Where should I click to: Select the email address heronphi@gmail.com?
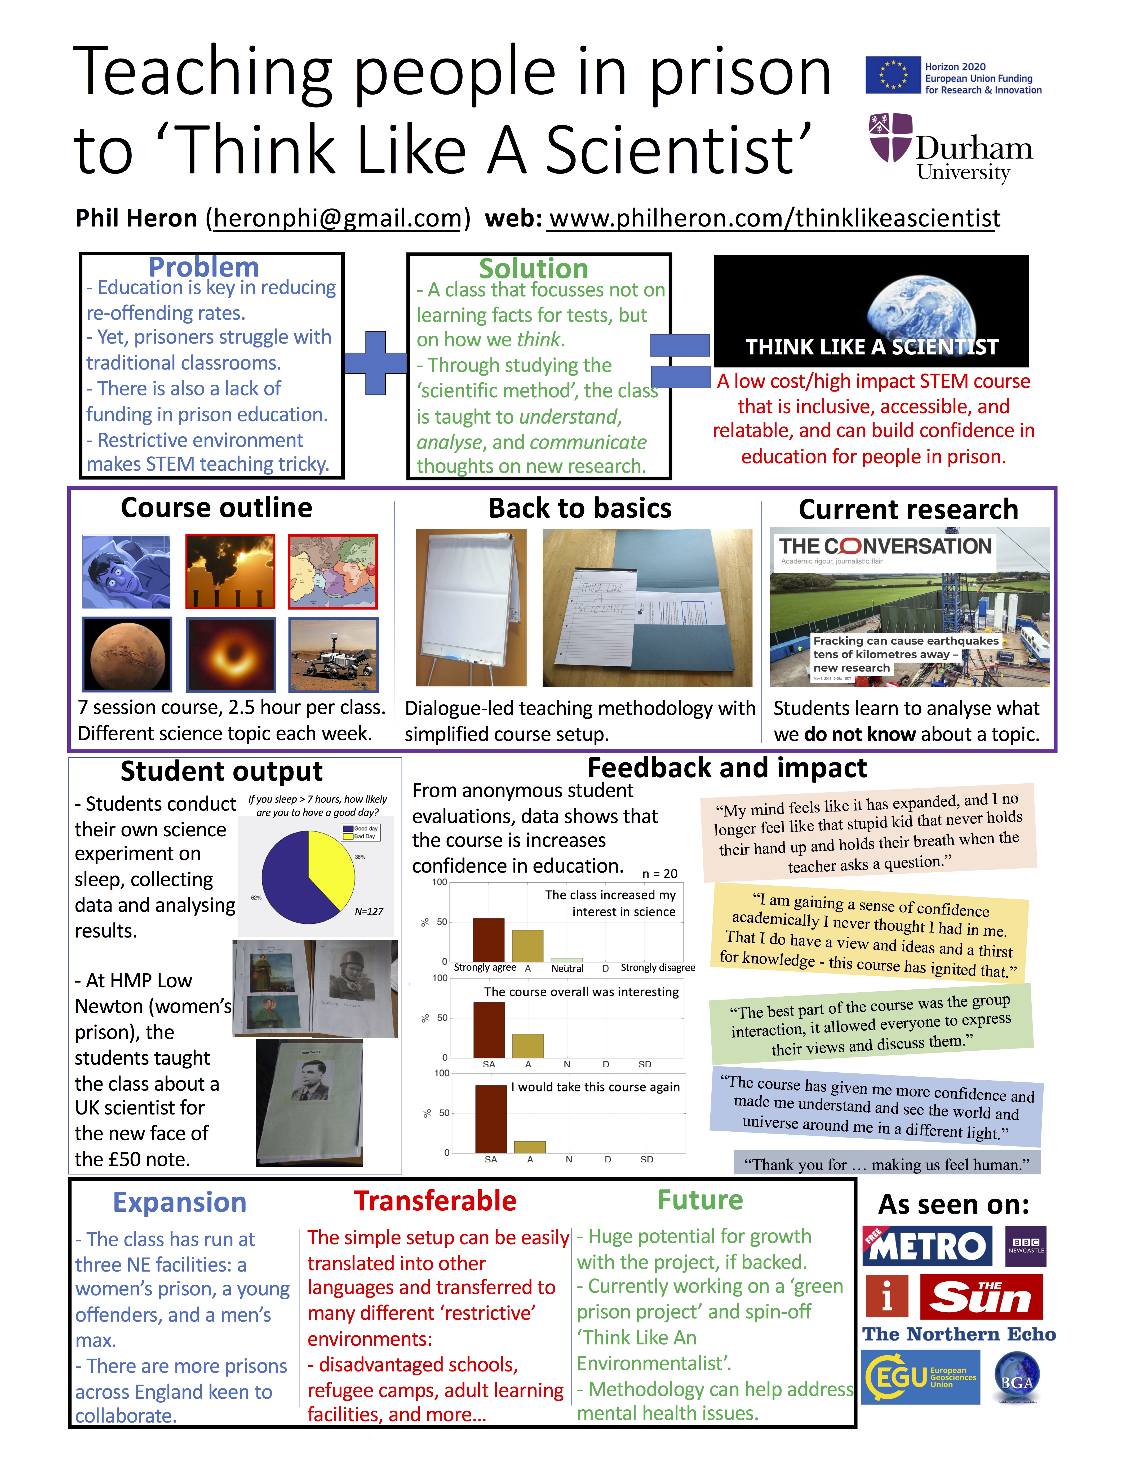[x=337, y=218]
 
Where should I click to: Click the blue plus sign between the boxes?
[x=376, y=363]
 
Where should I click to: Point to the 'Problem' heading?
[x=203, y=267]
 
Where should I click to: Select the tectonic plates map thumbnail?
[x=333, y=571]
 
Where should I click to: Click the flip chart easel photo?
[x=470, y=607]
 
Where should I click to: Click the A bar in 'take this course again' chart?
[x=530, y=1147]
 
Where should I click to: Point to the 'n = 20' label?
[x=660, y=873]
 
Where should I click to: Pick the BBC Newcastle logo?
[x=1025, y=1246]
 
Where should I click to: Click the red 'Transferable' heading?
[x=435, y=1201]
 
